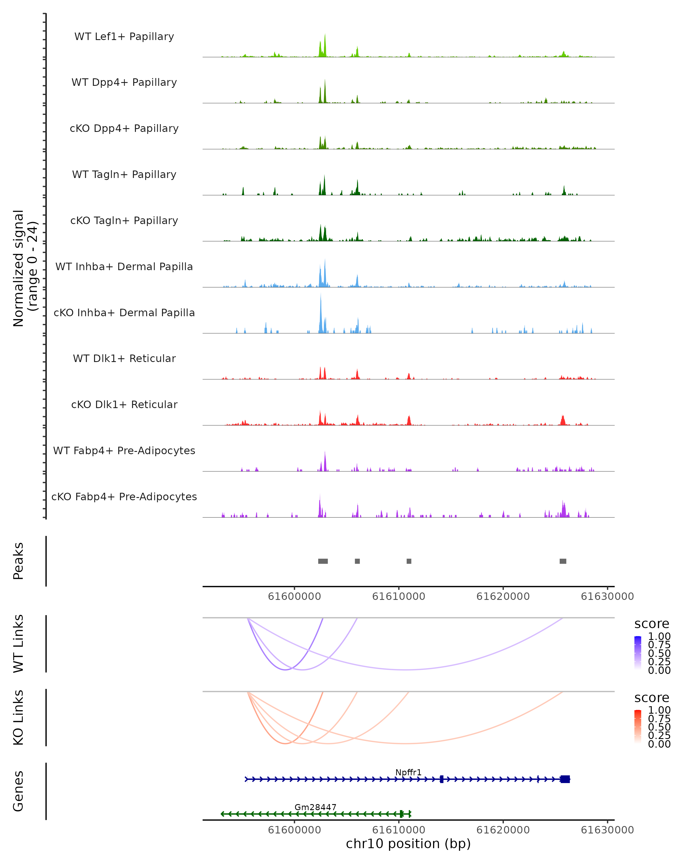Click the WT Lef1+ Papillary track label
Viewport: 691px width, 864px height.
coord(124,37)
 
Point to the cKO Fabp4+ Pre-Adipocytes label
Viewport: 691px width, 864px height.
coord(124,497)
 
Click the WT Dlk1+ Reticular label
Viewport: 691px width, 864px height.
coord(124,358)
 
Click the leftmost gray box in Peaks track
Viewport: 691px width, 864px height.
coord(323,561)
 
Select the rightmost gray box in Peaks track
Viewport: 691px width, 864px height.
coord(563,561)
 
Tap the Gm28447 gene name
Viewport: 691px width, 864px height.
coord(315,807)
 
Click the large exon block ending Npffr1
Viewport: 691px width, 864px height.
coord(565,779)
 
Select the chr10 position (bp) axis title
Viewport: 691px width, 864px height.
coord(408,844)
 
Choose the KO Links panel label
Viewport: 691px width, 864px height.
coord(18,717)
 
